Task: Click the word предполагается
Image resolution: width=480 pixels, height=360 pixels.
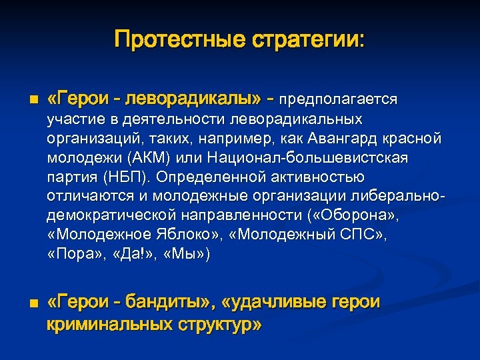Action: pos(338,100)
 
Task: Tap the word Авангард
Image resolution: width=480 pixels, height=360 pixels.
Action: pos(357,138)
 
